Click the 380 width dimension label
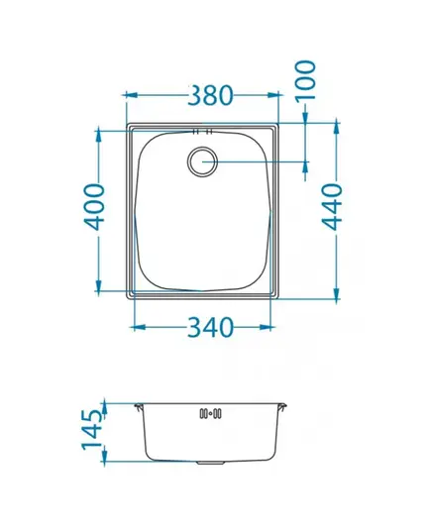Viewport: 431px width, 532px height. tap(210, 95)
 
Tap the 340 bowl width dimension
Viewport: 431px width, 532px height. tap(210, 327)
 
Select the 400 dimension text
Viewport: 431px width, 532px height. tap(94, 207)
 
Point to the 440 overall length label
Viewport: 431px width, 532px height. tap(332, 207)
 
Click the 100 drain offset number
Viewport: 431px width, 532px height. tap(305, 80)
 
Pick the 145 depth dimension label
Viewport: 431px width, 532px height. tap(92, 430)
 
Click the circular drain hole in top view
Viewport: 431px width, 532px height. tap(202, 161)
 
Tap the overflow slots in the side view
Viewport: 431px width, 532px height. tap(211, 413)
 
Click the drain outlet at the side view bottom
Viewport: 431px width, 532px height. tap(210, 463)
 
